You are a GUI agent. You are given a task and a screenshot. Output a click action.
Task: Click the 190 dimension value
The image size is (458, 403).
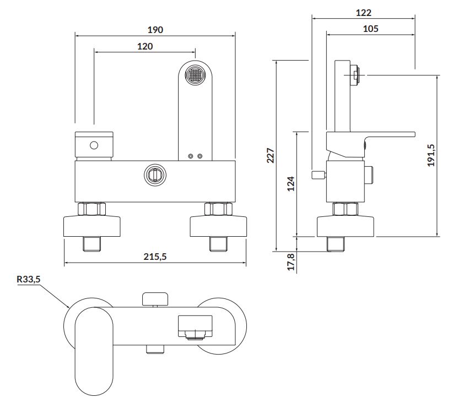pyautogui.click(x=155, y=30)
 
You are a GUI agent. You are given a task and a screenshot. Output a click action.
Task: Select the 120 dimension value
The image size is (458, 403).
pyautogui.click(x=145, y=46)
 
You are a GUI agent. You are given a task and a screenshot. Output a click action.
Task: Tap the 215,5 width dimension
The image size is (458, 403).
pyautogui.click(x=155, y=257)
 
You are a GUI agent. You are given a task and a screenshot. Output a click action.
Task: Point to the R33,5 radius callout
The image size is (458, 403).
pyautogui.click(x=28, y=279)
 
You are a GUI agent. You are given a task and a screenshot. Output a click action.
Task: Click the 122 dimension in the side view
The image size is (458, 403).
pyautogui.click(x=363, y=13)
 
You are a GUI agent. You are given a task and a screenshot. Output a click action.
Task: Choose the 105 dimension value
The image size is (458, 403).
pyautogui.click(x=370, y=29)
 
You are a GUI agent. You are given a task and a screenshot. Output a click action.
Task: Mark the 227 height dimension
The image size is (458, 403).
pyautogui.click(x=271, y=156)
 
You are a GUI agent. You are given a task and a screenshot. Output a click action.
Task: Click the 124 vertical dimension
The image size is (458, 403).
pyautogui.click(x=291, y=183)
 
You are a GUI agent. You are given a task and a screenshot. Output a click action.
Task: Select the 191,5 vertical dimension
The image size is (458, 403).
pyautogui.click(x=431, y=155)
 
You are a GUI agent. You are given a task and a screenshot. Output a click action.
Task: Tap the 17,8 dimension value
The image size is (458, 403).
pyautogui.click(x=291, y=262)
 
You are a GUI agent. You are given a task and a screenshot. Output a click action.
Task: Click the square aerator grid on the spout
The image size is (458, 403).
pyautogui.click(x=195, y=74)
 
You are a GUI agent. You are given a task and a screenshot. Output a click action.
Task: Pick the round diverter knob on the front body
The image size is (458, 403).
pyautogui.click(x=155, y=175)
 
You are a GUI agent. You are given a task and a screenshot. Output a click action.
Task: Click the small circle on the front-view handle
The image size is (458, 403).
pyautogui.click(x=94, y=145)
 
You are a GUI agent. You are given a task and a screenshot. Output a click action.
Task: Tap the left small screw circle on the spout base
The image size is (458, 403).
pyautogui.click(x=191, y=156)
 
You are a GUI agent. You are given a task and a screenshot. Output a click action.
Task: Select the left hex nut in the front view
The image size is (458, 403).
pyautogui.click(x=91, y=209)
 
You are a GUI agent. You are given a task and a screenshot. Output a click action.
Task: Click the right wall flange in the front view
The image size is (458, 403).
pyautogui.click(x=218, y=226)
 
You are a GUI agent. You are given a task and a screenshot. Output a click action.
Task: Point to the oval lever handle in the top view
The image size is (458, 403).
pyautogui.click(x=94, y=352)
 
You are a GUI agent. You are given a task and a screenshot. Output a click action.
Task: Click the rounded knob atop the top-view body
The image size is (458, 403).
pyautogui.click(x=155, y=298)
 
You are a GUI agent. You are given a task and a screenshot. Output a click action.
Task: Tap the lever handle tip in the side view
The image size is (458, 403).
pyautogui.click(x=414, y=134)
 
